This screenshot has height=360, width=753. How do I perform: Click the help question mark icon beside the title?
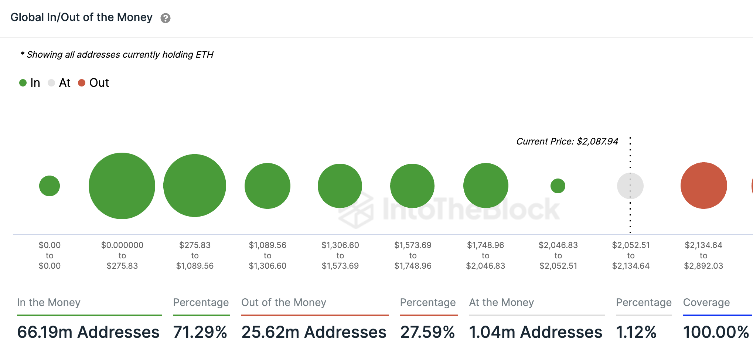pyautogui.click(x=166, y=18)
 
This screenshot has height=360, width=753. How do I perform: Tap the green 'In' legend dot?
pyautogui.click(x=23, y=83)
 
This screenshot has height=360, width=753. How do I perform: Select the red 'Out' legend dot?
pyautogui.click(x=82, y=83)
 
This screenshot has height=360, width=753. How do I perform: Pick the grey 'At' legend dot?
pyautogui.click(x=51, y=83)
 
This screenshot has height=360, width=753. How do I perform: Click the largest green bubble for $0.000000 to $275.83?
pyautogui.click(x=122, y=186)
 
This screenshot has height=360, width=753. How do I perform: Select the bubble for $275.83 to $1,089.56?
pyautogui.click(x=195, y=186)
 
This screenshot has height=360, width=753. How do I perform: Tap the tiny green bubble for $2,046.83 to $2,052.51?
pyautogui.click(x=558, y=186)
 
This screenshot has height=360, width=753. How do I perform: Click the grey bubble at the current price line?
pyautogui.click(x=630, y=186)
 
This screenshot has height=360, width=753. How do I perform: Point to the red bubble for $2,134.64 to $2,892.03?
pyautogui.click(x=704, y=186)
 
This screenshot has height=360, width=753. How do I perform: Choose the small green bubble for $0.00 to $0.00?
pyautogui.click(x=50, y=186)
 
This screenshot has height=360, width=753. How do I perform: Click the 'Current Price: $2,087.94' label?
pyautogui.click(x=567, y=142)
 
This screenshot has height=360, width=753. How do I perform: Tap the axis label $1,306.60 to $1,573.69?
pyautogui.click(x=340, y=255)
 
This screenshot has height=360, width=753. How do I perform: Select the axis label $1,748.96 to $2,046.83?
pyautogui.click(x=485, y=255)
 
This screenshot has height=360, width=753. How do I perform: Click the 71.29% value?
pyautogui.click(x=200, y=332)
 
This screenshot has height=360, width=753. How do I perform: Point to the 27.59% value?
pyautogui.click(x=427, y=332)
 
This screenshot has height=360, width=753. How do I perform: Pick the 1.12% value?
pyautogui.click(x=636, y=332)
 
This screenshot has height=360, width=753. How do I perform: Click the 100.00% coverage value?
pyautogui.click(x=716, y=332)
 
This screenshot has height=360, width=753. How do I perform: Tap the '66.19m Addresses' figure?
pyautogui.click(x=88, y=332)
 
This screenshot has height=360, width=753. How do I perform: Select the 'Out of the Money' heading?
pyautogui.click(x=284, y=302)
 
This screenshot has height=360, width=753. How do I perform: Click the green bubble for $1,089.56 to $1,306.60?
pyautogui.click(x=268, y=186)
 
